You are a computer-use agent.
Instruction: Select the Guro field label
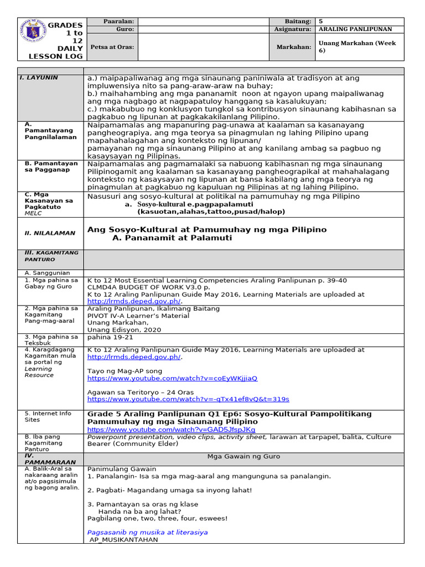coord(121,29)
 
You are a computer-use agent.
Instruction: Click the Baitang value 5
coord(320,21)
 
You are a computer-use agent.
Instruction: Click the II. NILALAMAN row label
coord(46,233)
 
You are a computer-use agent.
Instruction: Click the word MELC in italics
coord(34,213)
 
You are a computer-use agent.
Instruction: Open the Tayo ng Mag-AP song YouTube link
coord(172,378)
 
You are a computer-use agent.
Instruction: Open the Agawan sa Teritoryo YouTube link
coord(188,399)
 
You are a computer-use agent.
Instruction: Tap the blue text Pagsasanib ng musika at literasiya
coord(148,532)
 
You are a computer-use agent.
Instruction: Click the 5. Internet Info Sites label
coord(48,416)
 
